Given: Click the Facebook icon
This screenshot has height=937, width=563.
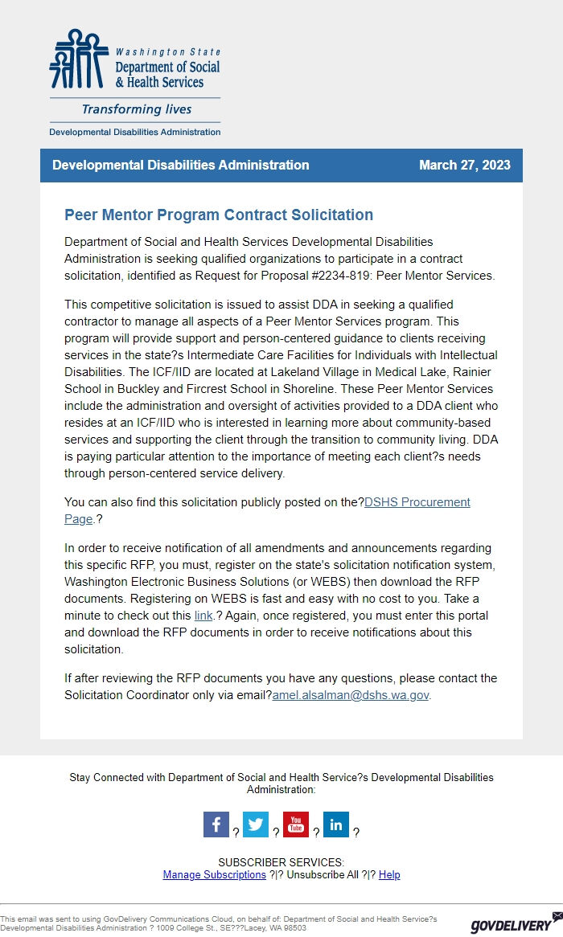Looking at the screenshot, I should (216, 824).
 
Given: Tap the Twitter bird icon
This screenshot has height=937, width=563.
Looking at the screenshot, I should (256, 824).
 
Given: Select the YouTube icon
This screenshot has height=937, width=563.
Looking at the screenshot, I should (296, 824).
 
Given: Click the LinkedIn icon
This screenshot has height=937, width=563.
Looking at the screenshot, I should (336, 824).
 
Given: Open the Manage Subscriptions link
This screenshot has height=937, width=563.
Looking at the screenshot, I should (214, 874).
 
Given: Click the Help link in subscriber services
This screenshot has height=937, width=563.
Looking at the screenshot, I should (389, 874).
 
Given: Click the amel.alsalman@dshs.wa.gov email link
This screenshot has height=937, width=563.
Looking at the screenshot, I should (350, 695).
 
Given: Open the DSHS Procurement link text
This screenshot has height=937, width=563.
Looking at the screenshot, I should (417, 502).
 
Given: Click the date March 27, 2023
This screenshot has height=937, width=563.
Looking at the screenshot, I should (464, 166).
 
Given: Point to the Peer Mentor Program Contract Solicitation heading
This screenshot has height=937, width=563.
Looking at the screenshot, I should (219, 215).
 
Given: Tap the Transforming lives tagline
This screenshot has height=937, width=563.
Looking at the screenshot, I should (137, 109).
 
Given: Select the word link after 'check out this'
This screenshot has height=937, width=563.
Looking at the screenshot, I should (203, 616).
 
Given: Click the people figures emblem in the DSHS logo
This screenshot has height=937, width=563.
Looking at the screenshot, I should (78, 59).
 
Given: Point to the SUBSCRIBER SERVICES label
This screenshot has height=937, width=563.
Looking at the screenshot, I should (281, 862).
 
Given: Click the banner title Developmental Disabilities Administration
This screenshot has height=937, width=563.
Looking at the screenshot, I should (181, 166).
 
